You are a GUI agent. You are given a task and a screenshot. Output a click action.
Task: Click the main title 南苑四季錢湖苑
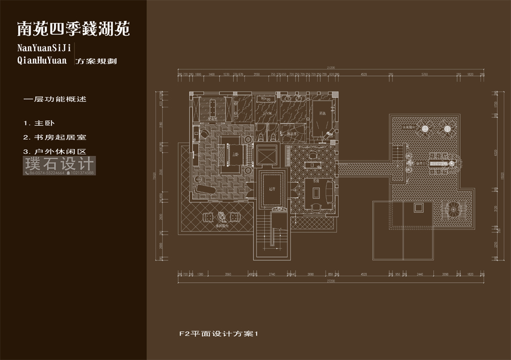(74, 30)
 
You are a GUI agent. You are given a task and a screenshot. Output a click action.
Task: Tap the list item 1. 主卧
(38, 124)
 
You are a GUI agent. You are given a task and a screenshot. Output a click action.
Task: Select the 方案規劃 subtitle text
(96, 61)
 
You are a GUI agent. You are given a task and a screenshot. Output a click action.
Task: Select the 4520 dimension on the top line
(364, 75)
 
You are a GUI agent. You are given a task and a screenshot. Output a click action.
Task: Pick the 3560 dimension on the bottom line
(228, 275)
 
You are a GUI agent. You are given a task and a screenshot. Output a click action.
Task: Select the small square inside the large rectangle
(418, 207)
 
